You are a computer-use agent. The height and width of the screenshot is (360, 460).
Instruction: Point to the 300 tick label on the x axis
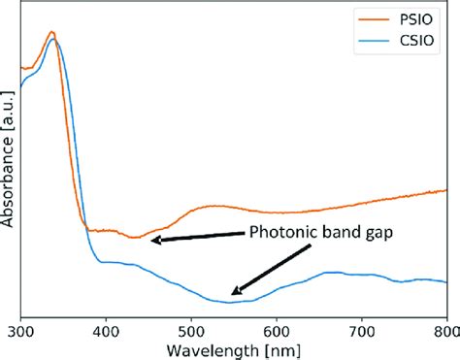20,330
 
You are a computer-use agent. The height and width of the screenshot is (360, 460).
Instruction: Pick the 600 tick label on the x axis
277,330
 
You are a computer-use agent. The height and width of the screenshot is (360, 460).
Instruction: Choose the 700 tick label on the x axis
362,330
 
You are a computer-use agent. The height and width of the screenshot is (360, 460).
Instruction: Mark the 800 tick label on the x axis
445,330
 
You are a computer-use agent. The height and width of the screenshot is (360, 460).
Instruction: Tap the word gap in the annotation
378,233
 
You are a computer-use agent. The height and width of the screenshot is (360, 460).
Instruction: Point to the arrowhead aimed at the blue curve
234,292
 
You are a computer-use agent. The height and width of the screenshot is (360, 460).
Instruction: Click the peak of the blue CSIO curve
55,39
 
